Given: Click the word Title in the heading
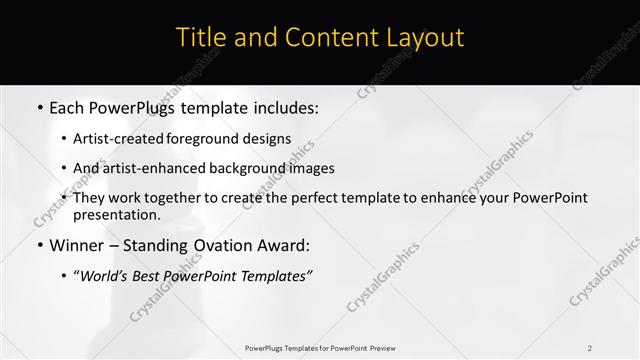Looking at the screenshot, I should point(200,38).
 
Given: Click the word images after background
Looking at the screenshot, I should point(308,168).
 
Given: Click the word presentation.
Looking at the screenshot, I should point(116,215).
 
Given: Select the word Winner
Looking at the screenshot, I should point(78,245).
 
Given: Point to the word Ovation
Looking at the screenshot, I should point(218,245).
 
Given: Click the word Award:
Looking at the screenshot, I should point(284,245).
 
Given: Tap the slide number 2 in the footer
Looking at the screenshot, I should point(590,347).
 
